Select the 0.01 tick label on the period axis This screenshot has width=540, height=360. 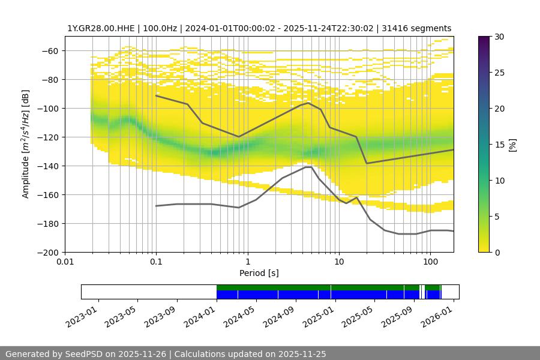pyautogui.click(x=65, y=262)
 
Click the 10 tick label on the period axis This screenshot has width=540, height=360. pyautogui.click(x=338, y=262)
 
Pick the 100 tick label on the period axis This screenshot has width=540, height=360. pyautogui.click(x=430, y=262)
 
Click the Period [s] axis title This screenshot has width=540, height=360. pyautogui.click(x=259, y=274)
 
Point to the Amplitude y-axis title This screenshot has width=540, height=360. pyautogui.click(x=25, y=144)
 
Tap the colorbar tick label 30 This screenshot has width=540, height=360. pyautogui.click(x=499, y=37)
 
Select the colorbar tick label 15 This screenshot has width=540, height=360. pyautogui.click(x=499, y=145)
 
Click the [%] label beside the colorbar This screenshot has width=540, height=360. pyautogui.click(x=513, y=145)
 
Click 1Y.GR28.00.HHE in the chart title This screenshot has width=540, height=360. pyautogui.click(x=96, y=28)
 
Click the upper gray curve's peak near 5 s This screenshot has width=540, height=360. pyautogui.click(x=308, y=103)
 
